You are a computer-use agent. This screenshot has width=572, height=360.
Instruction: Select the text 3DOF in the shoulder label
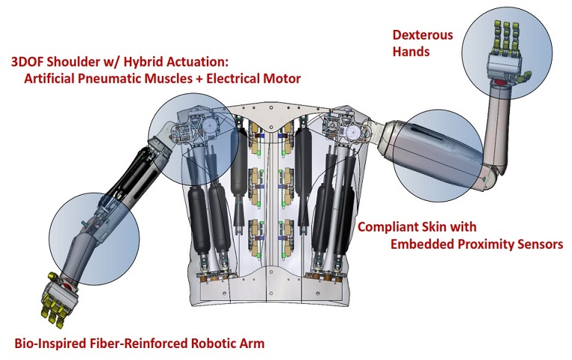pyautogui.click(x=28, y=61)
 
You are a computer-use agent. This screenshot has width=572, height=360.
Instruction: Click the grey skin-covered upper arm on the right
pyautogui.click(x=437, y=153)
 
